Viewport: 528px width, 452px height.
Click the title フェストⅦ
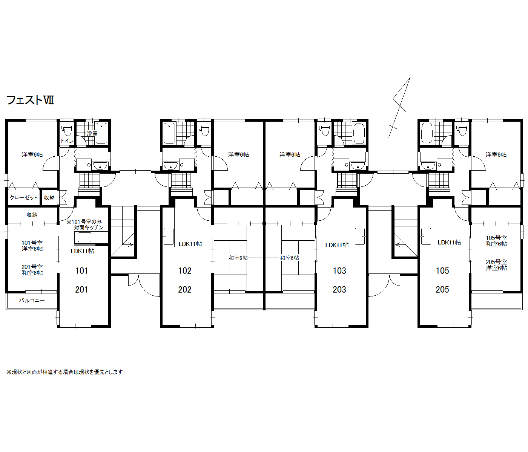click(30, 100)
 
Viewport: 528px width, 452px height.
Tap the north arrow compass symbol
click(399, 107)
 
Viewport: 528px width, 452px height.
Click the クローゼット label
click(23, 197)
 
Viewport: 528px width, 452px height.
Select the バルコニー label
click(32, 301)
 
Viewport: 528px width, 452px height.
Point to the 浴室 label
click(92, 133)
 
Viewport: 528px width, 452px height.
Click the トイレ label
click(67, 140)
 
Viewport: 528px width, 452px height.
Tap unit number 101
click(82, 271)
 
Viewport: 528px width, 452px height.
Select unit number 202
click(185, 290)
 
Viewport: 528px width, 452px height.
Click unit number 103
click(339, 271)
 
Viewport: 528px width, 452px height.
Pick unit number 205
click(442, 290)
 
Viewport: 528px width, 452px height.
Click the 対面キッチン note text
click(89, 227)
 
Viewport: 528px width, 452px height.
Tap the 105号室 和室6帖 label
click(496, 241)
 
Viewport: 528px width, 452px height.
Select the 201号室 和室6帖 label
click(32, 270)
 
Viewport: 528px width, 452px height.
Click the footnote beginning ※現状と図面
click(64, 372)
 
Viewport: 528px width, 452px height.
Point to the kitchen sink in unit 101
click(84, 238)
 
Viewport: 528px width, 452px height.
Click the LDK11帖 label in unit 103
click(337, 245)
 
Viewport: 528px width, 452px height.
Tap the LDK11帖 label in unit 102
click(190, 244)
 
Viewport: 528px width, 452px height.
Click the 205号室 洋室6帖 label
click(496, 265)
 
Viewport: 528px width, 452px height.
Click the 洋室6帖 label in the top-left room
click(32, 154)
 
